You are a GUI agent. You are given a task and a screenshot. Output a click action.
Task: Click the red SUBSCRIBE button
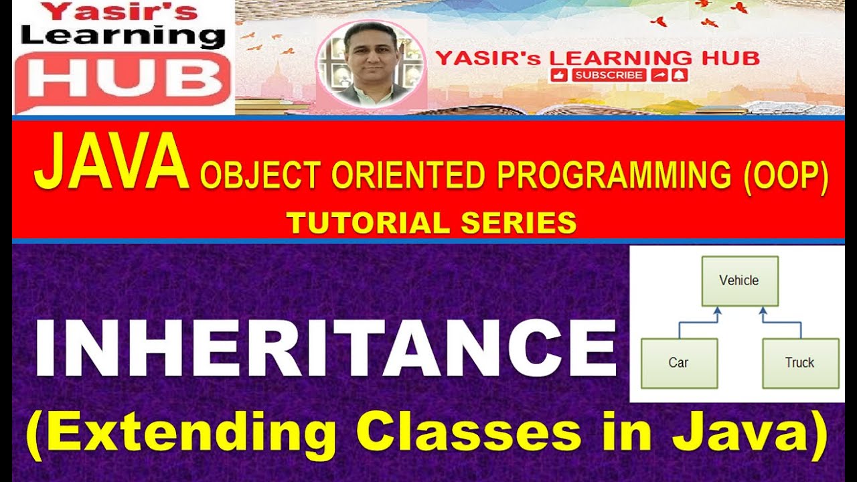609,75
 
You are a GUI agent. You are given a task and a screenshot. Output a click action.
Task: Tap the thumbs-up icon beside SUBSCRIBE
560,75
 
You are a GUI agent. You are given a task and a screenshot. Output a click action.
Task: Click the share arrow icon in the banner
660,75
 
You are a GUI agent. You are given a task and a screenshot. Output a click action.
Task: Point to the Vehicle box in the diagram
739,280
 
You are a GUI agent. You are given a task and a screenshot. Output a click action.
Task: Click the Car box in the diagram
679,363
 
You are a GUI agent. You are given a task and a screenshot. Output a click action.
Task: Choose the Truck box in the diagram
799,363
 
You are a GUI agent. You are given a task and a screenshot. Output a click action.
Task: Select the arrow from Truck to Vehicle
783,323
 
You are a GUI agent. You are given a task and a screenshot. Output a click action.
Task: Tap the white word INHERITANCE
325,349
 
